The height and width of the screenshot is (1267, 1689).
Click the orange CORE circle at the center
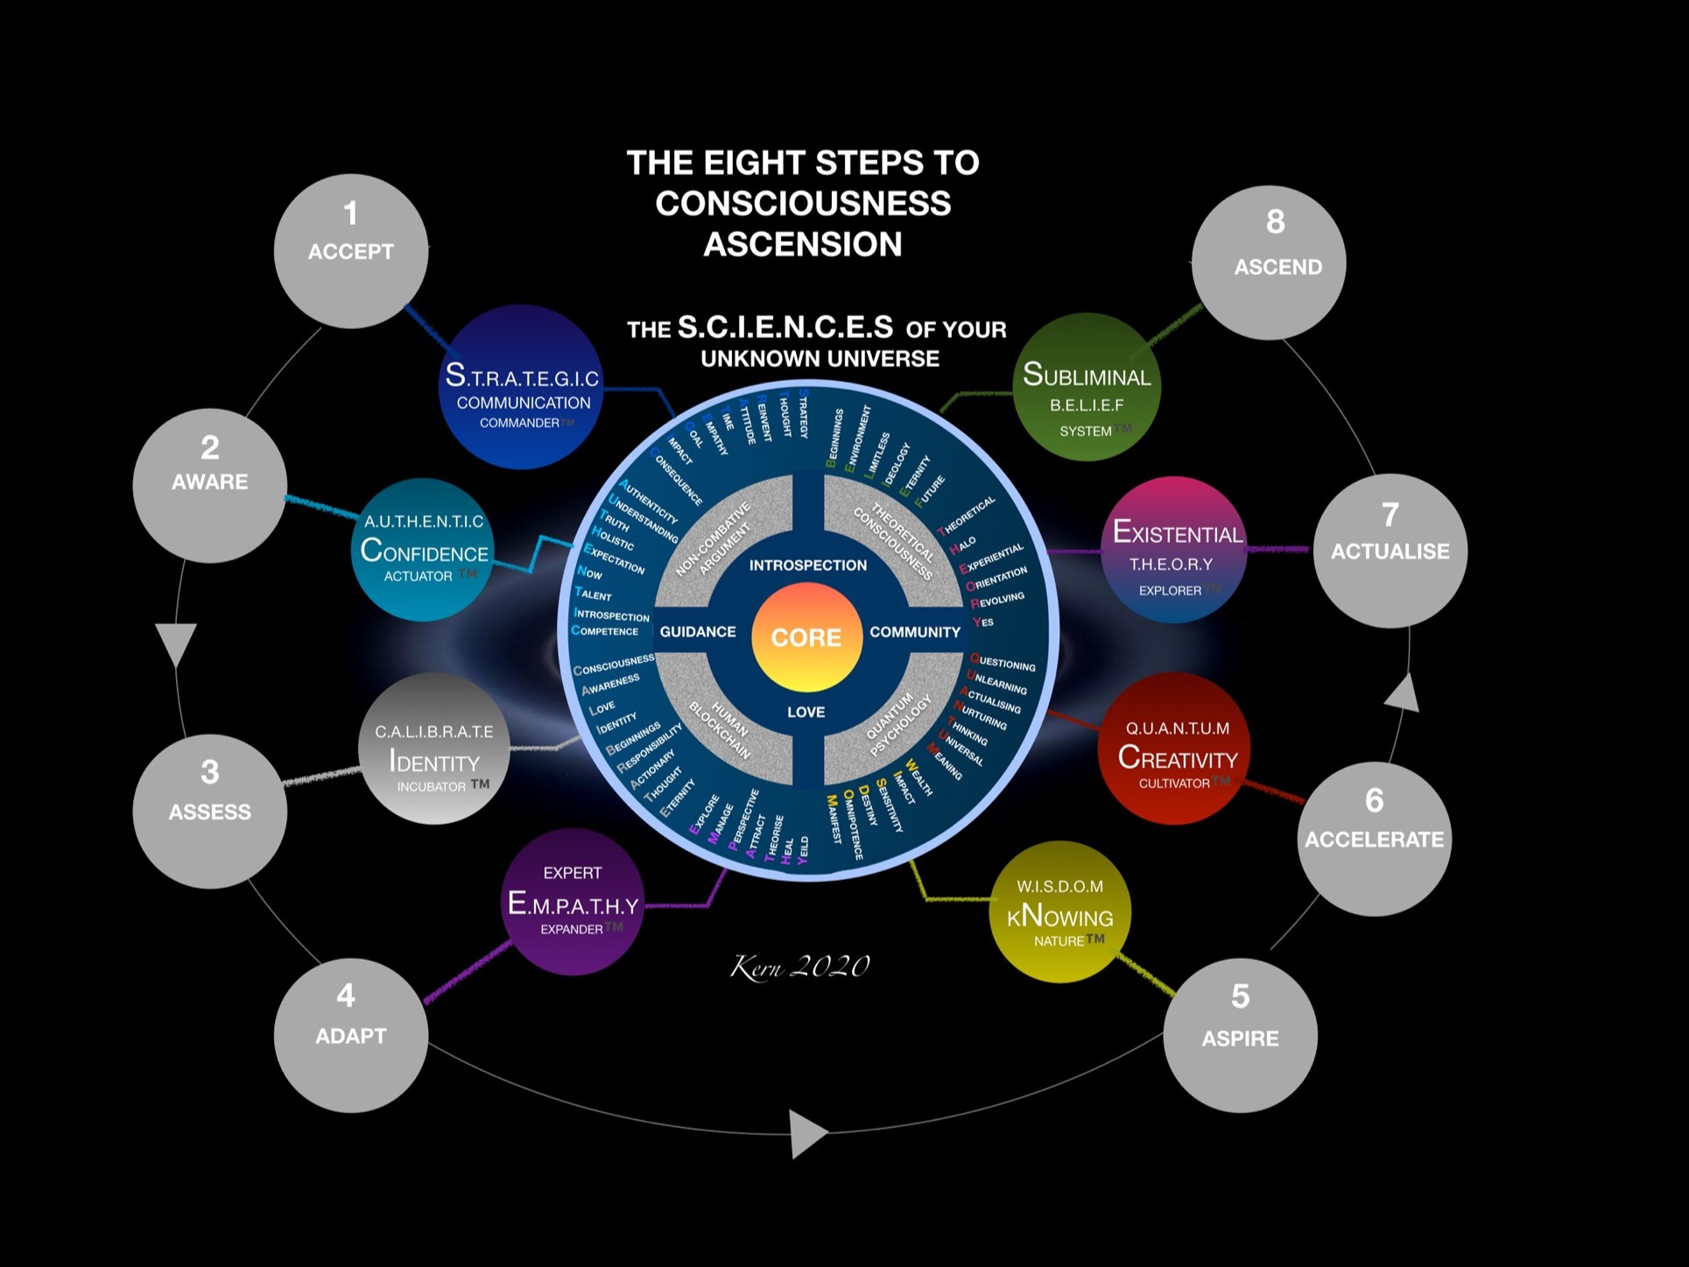tap(806, 637)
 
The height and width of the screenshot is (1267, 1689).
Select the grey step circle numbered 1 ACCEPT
tap(350, 251)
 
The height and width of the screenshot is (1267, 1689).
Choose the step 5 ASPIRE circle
tap(1240, 1035)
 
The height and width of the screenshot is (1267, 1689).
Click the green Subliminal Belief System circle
tap(1087, 386)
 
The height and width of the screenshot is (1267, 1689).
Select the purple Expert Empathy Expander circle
tap(573, 902)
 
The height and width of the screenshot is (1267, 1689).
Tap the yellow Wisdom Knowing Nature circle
tap(1059, 912)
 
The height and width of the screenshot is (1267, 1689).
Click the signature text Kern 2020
tap(799, 967)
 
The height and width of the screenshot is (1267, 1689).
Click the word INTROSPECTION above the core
tap(807, 566)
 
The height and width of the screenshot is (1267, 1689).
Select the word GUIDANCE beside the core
tap(697, 632)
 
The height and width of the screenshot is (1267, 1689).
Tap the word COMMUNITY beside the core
tap(915, 632)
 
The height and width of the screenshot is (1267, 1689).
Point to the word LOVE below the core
tap(806, 712)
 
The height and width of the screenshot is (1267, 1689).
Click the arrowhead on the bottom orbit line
tap(807, 1134)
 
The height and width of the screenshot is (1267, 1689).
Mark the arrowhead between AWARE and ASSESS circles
tap(176, 643)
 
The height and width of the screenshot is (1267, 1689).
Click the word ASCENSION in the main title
tap(803, 244)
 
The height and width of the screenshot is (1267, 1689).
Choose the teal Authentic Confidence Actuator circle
tap(424, 550)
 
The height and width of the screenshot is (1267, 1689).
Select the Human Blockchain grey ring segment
tap(720, 729)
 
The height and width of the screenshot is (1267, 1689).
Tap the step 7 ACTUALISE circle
tap(1390, 551)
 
